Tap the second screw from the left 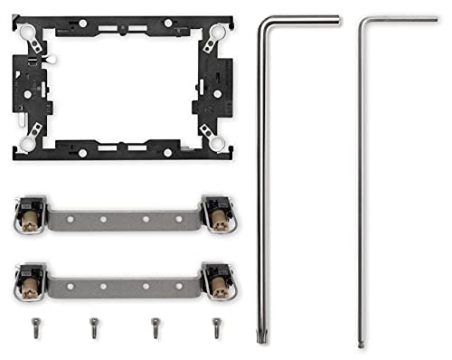coord(93,324)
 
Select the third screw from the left coord(155,324)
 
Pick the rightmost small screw coord(216,324)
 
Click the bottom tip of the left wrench coord(264,343)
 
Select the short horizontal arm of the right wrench coord(402,19)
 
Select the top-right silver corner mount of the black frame coord(214,35)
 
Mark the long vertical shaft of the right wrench coord(361,181)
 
